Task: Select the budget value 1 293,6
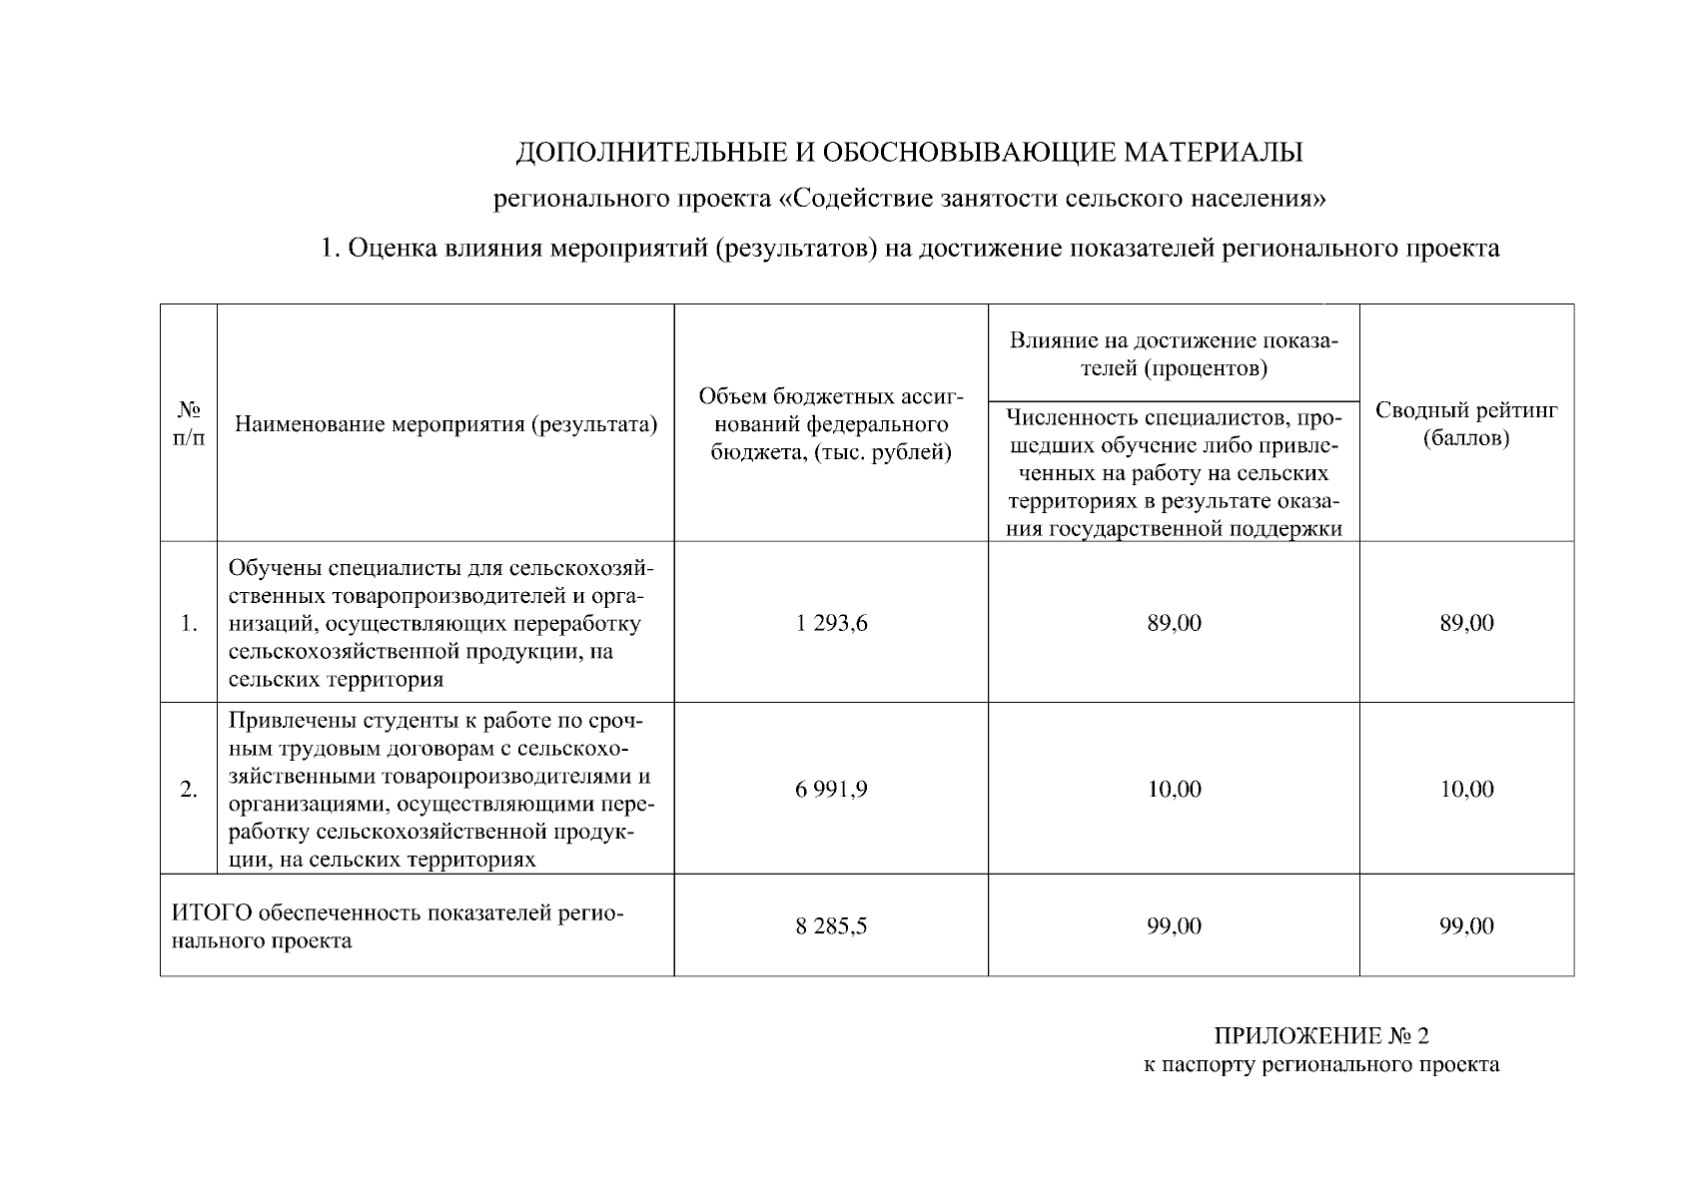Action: pos(831,623)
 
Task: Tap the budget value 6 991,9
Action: pos(831,790)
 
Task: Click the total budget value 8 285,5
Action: pos(831,926)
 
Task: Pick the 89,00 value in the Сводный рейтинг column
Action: pos(1466,623)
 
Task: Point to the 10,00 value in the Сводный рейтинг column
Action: pos(1466,790)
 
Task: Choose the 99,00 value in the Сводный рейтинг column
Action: pos(1466,926)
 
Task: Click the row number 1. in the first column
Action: pos(189,624)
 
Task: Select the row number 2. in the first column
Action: pos(189,790)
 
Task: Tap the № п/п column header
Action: pos(189,424)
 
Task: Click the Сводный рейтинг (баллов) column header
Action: pos(1466,424)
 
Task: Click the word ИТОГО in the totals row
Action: pos(211,913)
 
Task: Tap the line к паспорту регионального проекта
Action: pos(1321,1064)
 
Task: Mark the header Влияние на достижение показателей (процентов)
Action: pos(1174,354)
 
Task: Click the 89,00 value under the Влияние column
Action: pos(1174,623)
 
